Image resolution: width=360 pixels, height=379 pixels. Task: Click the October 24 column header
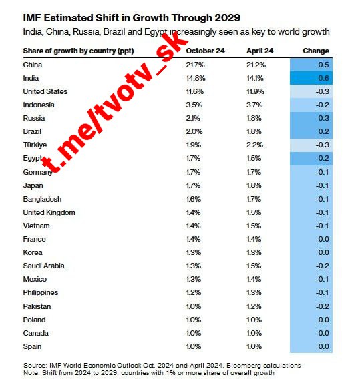tap(205, 51)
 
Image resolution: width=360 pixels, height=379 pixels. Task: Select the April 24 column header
tap(260, 51)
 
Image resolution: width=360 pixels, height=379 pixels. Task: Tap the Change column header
tap(316, 51)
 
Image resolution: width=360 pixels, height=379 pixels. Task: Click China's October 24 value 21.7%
tap(195, 65)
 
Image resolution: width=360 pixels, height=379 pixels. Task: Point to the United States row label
tap(45, 91)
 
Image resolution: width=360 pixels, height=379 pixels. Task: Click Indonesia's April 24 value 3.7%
tap(254, 105)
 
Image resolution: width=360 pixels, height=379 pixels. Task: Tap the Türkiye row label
tap(35, 145)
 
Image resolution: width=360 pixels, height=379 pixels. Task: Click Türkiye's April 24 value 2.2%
tap(254, 145)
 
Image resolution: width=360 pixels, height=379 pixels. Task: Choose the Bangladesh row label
tap(42, 199)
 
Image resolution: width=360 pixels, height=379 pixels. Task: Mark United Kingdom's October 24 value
tap(193, 212)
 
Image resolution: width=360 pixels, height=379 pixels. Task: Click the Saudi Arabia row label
tap(44, 266)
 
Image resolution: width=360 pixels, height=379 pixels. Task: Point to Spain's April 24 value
tap(254, 346)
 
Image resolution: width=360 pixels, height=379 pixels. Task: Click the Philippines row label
tap(41, 292)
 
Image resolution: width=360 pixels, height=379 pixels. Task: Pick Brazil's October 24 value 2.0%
tap(194, 131)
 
